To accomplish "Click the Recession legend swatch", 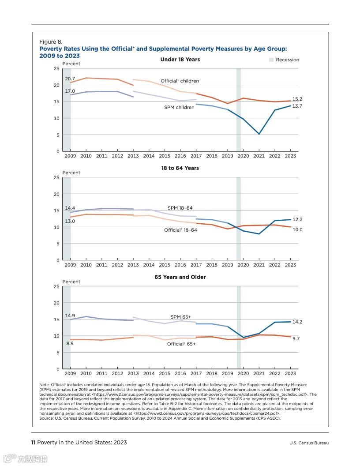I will coord(271,60).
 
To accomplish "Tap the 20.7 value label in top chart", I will coord(70,78).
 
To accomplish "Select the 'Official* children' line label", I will coord(180,81).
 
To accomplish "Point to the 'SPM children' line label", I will coord(179,107).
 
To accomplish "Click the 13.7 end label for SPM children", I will coord(297,106).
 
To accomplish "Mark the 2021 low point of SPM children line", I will coord(259,134).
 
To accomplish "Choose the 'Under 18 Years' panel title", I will coord(180,59).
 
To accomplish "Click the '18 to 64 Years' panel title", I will coord(180,168).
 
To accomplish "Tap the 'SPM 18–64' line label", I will coord(180,208).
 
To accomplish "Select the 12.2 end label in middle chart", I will coord(297,219).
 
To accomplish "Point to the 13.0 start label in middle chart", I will coord(70,221).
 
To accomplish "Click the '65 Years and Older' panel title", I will coord(180,277).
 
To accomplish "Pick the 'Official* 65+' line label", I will coord(181,344).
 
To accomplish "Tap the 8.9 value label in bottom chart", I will coord(70,343).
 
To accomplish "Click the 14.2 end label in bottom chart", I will coord(297,322).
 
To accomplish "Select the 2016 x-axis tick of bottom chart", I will coord(180,374).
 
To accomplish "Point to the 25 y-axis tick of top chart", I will coord(56,69).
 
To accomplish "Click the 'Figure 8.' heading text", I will coord(48,42).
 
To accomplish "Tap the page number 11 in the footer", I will coord(33,443).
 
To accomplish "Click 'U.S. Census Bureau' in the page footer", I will coord(309,443).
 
